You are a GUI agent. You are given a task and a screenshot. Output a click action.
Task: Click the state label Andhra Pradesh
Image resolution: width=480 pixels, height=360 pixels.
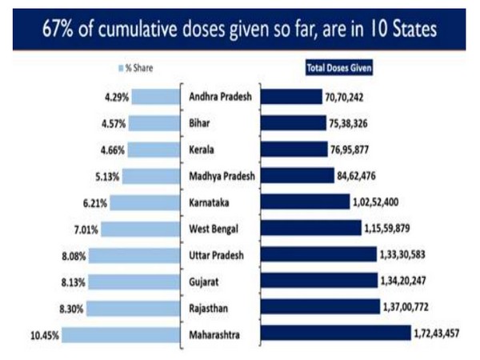(220, 98)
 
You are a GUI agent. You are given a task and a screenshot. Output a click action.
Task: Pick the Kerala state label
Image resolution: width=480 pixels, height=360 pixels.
(203, 150)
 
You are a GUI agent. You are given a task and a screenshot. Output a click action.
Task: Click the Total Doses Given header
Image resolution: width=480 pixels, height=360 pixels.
(340, 68)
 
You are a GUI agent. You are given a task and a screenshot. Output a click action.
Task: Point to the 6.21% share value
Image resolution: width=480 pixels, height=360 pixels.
(90, 202)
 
